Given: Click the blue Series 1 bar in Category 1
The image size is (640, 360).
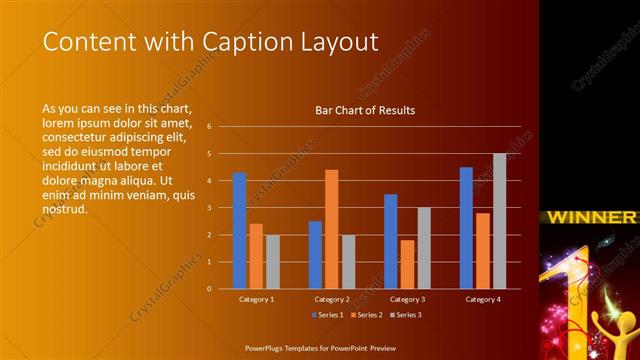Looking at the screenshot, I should [240, 231].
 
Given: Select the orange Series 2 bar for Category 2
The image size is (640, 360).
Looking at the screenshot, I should [332, 229].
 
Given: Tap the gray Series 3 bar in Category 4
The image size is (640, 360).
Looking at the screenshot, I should [499, 221].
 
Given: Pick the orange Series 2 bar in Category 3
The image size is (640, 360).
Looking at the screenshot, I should [408, 264].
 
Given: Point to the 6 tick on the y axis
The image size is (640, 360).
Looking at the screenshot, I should [210, 127].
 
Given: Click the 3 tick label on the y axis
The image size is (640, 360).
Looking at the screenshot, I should [210, 208].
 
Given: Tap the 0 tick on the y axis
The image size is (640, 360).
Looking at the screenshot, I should [210, 289].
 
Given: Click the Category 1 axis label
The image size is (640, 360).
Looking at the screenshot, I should [256, 300].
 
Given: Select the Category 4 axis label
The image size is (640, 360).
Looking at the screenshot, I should [482, 300].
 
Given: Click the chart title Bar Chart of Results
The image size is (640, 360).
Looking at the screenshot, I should [365, 110].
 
